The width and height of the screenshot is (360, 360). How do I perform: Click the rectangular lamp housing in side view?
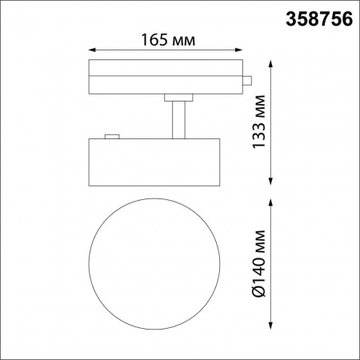pos(153,162)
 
